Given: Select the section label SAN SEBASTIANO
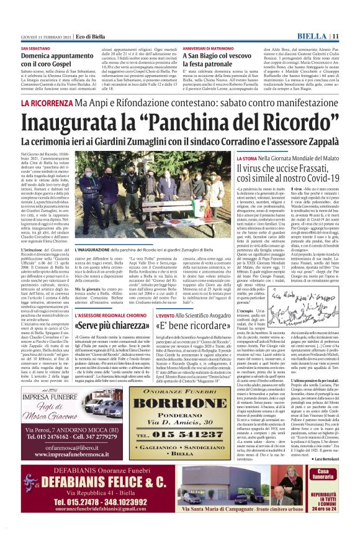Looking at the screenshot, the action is coord(37,48).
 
